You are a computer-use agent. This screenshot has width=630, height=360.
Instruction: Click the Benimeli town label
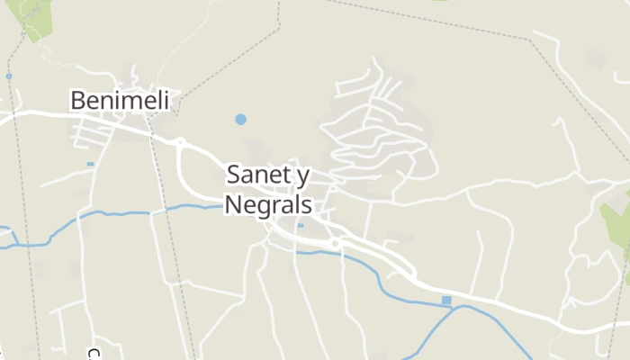pos(120,100)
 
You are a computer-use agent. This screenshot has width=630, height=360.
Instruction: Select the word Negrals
pos(267,204)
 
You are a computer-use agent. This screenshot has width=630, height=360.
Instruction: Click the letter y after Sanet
pos(301,176)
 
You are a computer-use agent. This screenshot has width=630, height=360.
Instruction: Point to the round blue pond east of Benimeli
pos(240,119)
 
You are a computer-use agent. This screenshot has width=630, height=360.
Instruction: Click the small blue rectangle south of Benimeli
pos(90,164)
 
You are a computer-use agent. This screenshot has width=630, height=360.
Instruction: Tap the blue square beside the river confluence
pos(446,300)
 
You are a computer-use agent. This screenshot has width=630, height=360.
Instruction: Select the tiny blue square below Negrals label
pos(300,225)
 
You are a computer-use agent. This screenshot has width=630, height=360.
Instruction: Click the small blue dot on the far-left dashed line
pos(9,76)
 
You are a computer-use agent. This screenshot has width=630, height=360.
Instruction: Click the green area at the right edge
pos(617,225)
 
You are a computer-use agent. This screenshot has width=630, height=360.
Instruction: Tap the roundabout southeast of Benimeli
pos(180,142)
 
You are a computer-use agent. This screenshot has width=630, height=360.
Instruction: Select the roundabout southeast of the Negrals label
pos(335,244)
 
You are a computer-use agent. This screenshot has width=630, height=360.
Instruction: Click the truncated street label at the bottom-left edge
pos(93,354)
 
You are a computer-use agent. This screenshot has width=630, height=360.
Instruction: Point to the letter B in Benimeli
pos(78,100)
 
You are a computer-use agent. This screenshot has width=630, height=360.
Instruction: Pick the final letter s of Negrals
pos(306,205)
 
